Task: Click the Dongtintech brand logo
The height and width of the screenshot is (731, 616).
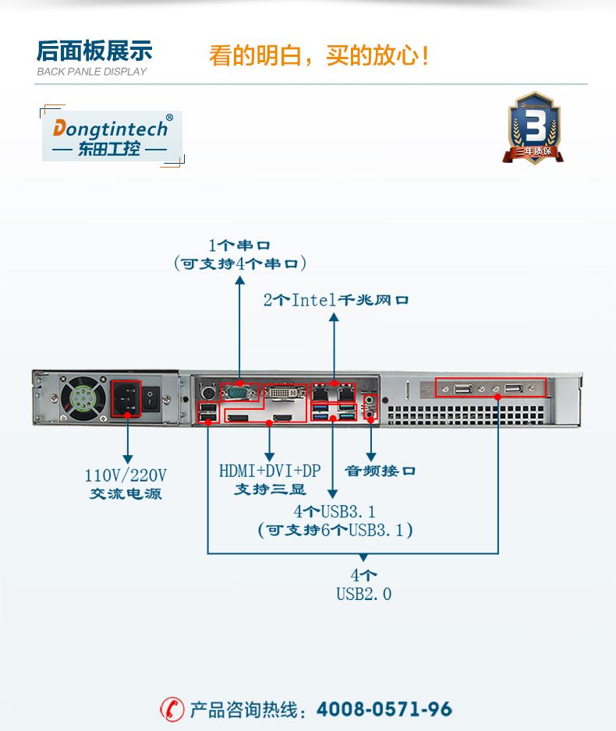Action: [112, 136]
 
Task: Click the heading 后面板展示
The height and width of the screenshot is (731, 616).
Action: [94, 51]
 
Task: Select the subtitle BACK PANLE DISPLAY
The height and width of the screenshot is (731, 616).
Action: [92, 72]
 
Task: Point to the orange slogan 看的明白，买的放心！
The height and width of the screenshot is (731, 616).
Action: [320, 56]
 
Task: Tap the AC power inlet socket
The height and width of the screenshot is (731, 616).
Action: [126, 398]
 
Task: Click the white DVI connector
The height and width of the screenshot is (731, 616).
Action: [281, 393]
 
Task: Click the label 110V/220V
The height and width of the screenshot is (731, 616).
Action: [126, 475]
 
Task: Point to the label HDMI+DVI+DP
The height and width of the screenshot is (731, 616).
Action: [270, 471]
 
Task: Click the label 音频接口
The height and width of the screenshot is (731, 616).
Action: [380, 471]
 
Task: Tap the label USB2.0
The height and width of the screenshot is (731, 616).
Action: [363, 594]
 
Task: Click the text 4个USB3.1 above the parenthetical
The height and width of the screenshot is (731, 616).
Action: [335, 512]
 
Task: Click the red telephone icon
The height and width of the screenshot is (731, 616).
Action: [172, 709]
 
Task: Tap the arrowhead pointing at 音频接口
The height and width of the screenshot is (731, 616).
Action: [370, 454]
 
